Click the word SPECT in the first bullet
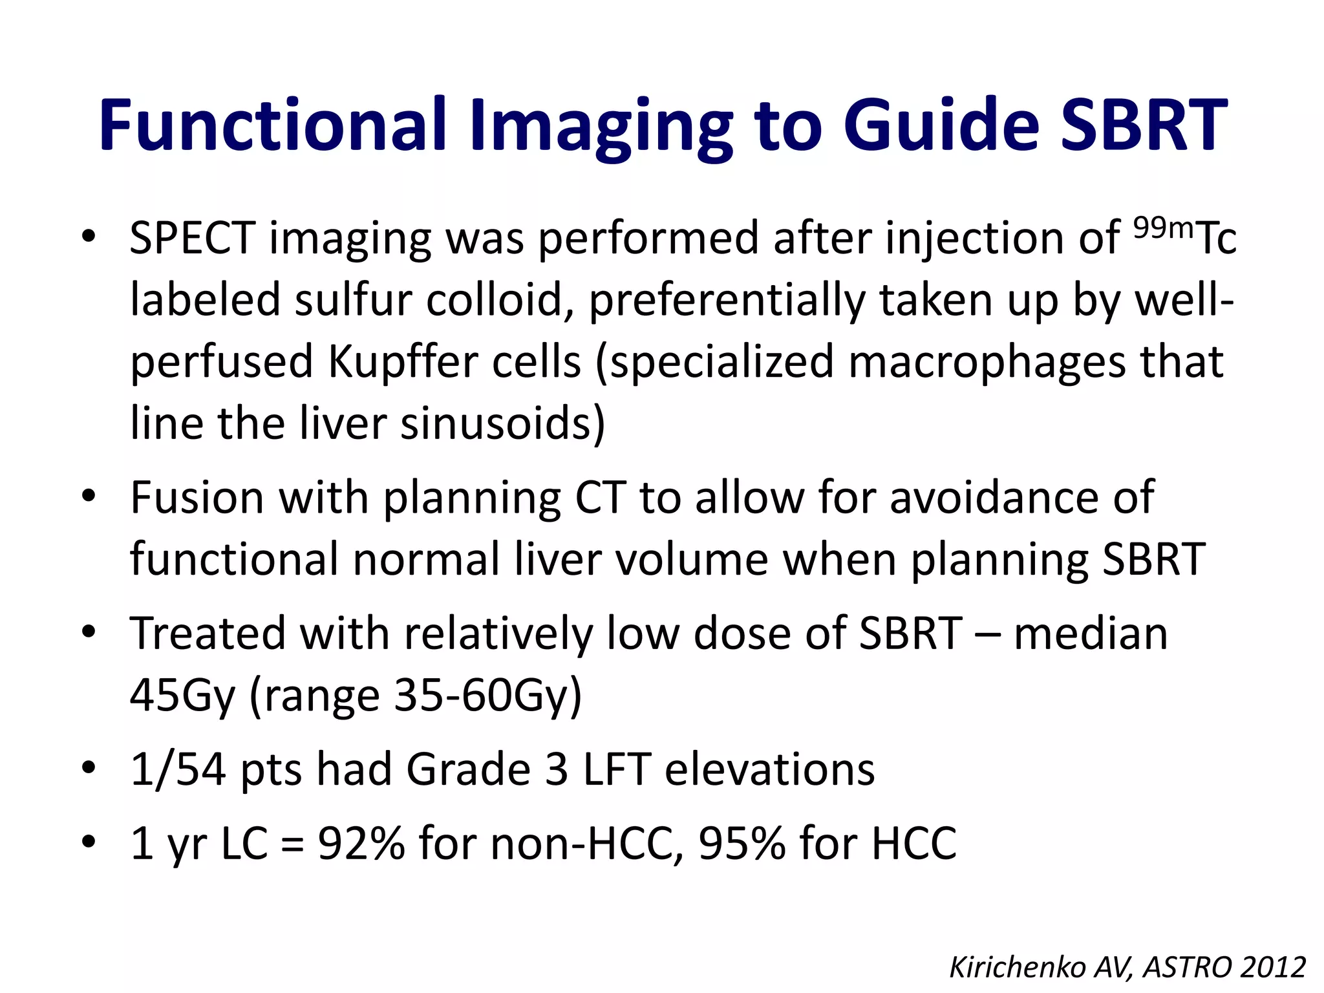192,239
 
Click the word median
1091,634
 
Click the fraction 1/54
178,769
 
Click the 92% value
361,844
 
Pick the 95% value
742,844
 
